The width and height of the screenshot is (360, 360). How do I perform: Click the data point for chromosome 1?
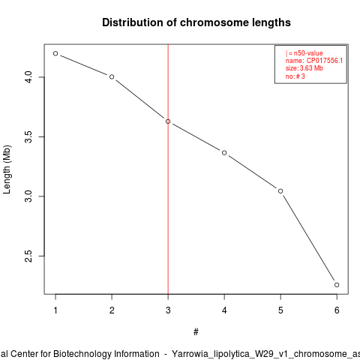pyautogui.click(x=55, y=53)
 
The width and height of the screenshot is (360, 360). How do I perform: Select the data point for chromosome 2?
pyautogui.click(x=112, y=76)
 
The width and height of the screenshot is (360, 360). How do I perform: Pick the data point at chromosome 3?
pyautogui.click(x=168, y=121)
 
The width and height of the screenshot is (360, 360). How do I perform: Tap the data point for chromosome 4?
pyautogui.click(x=224, y=152)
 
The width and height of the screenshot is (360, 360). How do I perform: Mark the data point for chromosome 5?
pyautogui.click(x=280, y=191)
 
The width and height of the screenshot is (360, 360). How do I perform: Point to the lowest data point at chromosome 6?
pyautogui.click(x=337, y=285)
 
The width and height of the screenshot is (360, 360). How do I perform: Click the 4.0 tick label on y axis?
pyautogui.click(x=28, y=77)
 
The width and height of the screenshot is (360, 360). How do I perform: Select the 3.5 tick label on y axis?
pyautogui.click(x=28, y=136)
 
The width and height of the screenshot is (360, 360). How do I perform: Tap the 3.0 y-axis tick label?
pyautogui.click(x=28, y=196)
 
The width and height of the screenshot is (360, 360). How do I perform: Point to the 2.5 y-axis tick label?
pyautogui.click(x=28, y=256)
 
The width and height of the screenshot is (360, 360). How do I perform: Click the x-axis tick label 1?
pyautogui.click(x=55, y=310)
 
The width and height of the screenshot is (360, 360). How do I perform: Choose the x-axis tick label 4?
pyautogui.click(x=224, y=310)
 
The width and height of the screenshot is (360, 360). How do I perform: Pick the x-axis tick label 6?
pyautogui.click(x=337, y=310)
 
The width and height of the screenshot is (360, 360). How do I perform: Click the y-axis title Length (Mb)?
pyautogui.click(x=7, y=169)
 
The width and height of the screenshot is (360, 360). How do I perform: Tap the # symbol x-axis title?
pyautogui.click(x=196, y=332)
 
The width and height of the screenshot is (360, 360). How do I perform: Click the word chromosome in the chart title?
pyautogui.click(x=214, y=22)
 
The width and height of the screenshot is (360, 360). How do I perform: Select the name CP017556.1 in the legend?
pyautogui.click(x=325, y=61)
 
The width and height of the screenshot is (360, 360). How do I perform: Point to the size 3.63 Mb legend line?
pyautogui.click(x=304, y=68)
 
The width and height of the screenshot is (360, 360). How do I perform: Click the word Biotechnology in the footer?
pyautogui.click(x=106, y=354)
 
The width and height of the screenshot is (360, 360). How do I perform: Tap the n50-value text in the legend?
pyautogui.click(x=308, y=53)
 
